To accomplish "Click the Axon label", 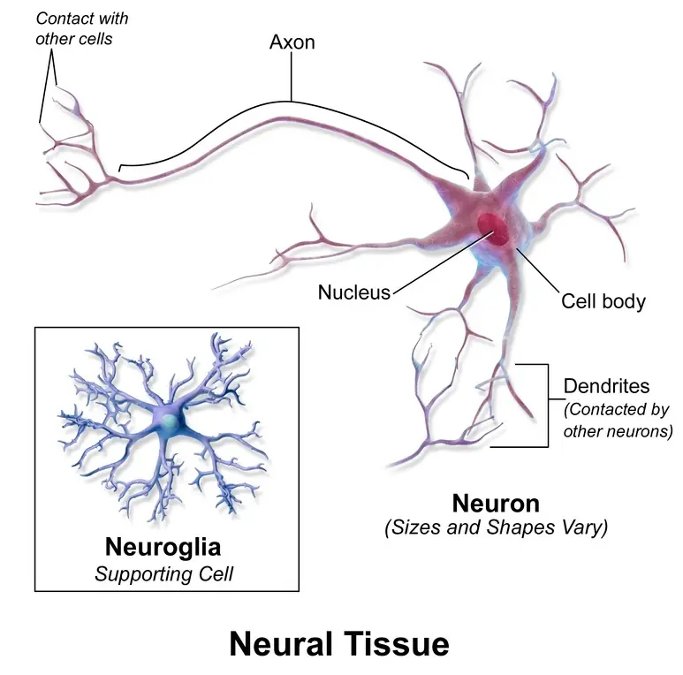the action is click(x=292, y=42).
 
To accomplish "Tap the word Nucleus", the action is click(x=354, y=292).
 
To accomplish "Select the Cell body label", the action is click(x=603, y=302).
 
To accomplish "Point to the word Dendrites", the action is click(x=606, y=386).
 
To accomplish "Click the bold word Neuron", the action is click(x=496, y=504).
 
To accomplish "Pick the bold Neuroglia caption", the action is click(x=163, y=548).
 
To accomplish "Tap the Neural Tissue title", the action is click(x=339, y=644).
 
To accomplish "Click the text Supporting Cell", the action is click(x=164, y=574).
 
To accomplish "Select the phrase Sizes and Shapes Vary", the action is click(x=497, y=527).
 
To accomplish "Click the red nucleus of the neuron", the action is click(x=493, y=228).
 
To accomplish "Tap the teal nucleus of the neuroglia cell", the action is click(x=169, y=421).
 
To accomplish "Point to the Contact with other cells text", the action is click(x=81, y=29).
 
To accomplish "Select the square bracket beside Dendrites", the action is click(x=548, y=406).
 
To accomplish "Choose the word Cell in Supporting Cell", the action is click(x=216, y=574).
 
